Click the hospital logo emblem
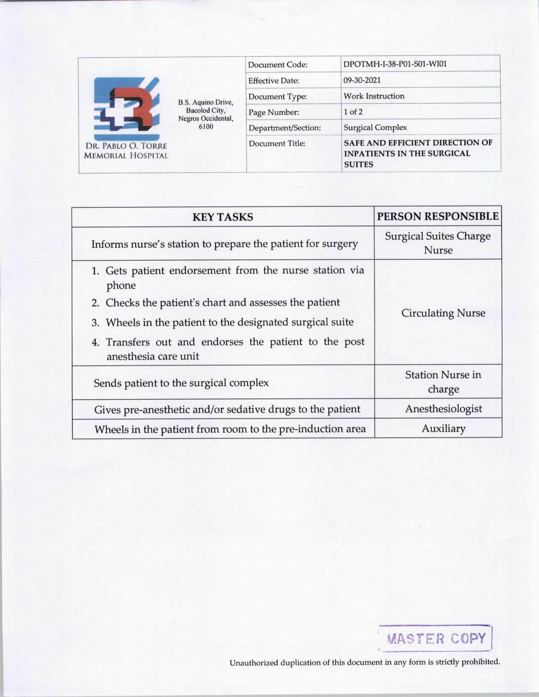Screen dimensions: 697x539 (x=126, y=109)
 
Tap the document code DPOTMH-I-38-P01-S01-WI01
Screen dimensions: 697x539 (x=395, y=64)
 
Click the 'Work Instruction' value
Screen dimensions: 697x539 (x=374, y=96)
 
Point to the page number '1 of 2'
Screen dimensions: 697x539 (x=353, y=112)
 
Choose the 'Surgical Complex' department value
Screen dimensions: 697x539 (x=375, y=128)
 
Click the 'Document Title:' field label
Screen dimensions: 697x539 (x=277, y=144)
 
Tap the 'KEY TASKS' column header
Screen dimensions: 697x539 (x=223, y=217)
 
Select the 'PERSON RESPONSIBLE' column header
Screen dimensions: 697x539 (x=438, y=217)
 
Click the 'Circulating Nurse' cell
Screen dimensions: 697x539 (x=443, y=313)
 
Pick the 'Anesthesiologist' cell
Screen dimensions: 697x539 (x=443, y=409)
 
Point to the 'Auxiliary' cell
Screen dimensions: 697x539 (x=443, y=429)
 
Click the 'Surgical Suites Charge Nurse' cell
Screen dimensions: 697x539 (x=438, y=243)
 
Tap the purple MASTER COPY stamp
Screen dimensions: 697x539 (x=436, y=638)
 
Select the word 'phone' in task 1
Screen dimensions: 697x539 (x=121, y=286)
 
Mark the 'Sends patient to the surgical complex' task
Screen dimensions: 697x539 (x=181, y=383)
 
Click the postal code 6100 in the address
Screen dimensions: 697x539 (x=206, y=127)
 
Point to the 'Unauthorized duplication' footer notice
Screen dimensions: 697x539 (x=364, y=662)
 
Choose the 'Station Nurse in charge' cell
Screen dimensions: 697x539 (x=443, y=382)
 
